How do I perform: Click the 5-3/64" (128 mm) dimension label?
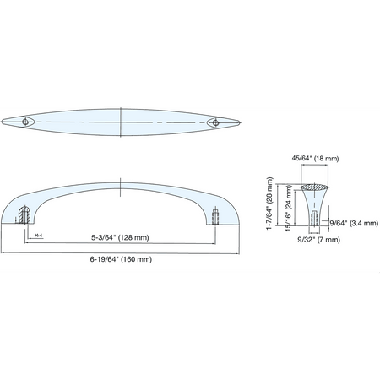[120, 237]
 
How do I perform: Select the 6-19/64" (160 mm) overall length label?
[121, 259]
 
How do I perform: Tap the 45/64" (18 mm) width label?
[315, 159]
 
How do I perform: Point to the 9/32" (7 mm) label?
[319, 240]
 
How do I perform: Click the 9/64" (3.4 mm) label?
[354, 223]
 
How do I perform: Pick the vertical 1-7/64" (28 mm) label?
[269, 204]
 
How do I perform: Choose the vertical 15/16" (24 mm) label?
[288, 208]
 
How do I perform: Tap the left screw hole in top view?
[25, 122]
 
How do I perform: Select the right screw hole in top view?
[215, 122]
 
